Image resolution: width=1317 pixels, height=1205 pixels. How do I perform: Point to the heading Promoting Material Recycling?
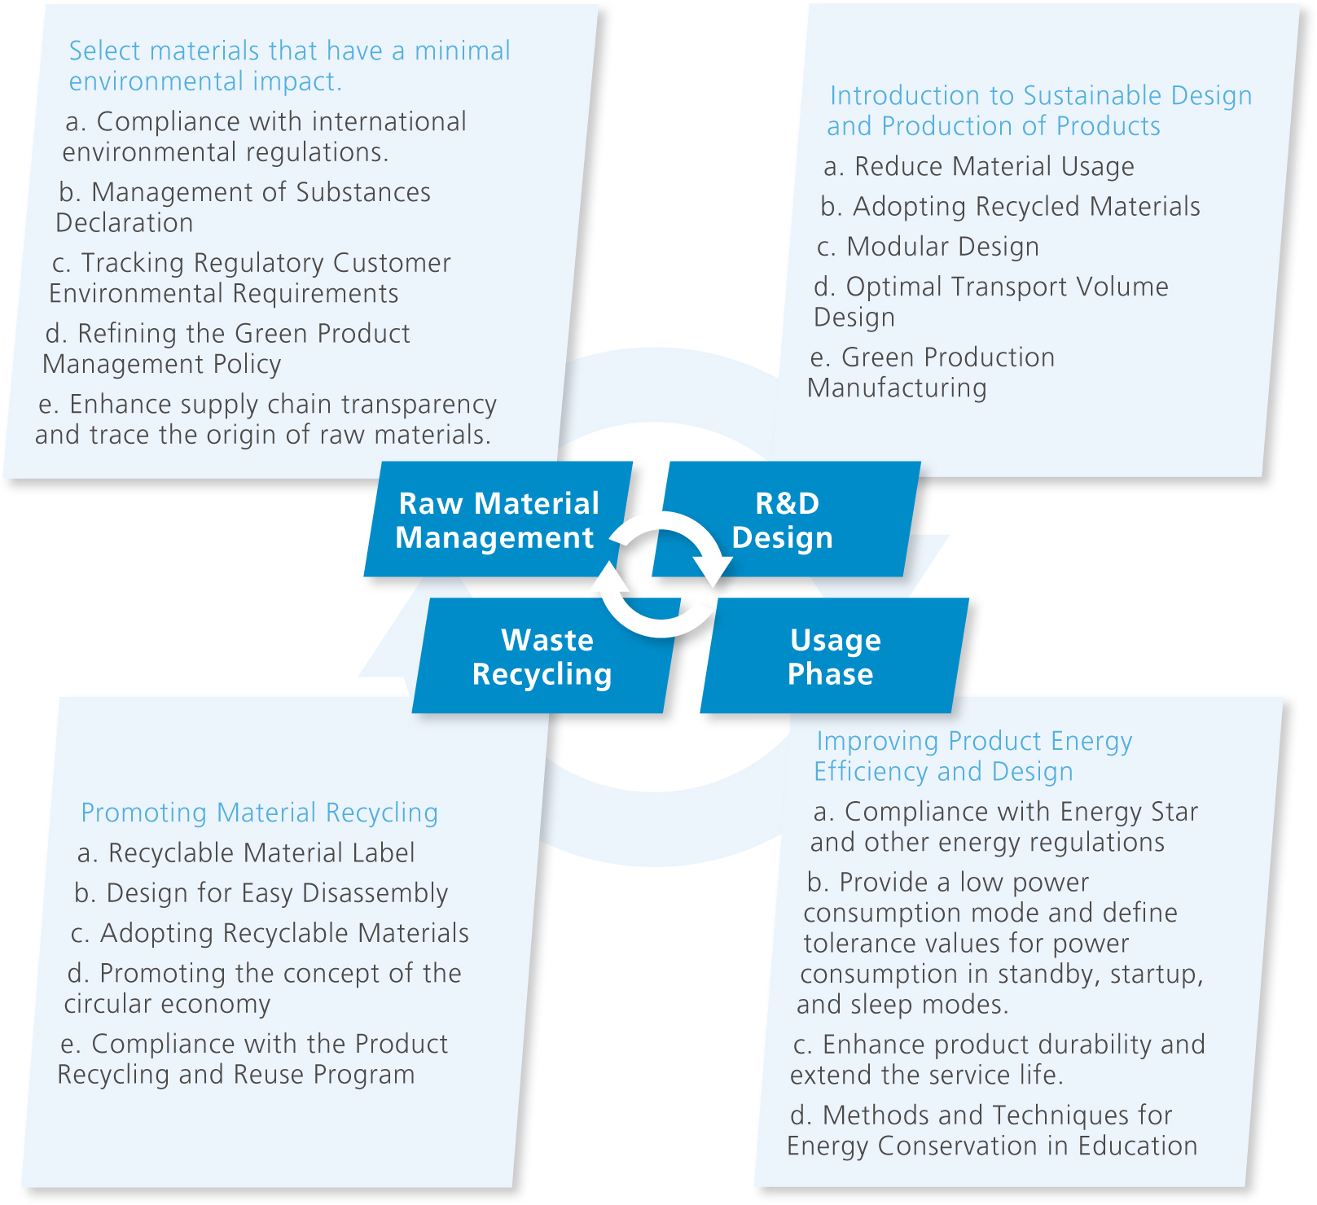(x=259, y=813)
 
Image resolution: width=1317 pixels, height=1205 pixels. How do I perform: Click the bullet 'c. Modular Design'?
(x=928, y=246)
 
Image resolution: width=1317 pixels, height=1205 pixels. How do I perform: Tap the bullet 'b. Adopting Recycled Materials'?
(x=1010, y=206)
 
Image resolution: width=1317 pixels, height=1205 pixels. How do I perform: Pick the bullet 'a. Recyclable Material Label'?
(x=246, y=852)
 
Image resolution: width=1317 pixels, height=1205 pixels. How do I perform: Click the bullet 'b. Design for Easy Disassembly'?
(x=261, y=893)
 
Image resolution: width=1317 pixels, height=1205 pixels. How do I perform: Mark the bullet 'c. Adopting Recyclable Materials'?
(x=270, y=933)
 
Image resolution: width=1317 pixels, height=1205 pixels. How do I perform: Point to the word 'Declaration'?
(x=125, y=222)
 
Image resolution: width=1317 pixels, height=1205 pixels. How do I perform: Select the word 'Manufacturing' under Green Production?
(x=897, y=388)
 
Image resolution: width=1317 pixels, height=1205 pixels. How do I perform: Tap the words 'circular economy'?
(x=167, y=1004)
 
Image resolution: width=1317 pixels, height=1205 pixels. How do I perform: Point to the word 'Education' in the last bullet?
(x=1138, y=1146)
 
